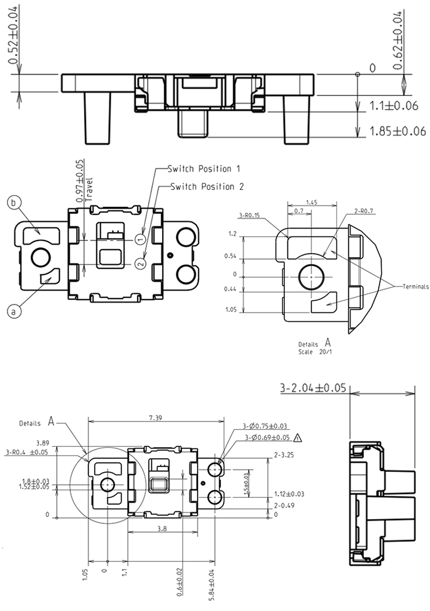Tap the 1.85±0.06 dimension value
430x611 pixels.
click(x=397, y=131)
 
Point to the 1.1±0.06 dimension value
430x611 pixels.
click(x=393, y=106)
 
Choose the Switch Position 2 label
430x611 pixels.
click(x=207, y=187)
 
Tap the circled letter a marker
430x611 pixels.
click(x=15, y=311)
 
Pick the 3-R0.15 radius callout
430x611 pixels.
click(x=250, y=215)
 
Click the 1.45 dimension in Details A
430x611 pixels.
click(x=311, y=202)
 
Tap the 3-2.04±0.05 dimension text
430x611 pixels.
click(x=313, y=388)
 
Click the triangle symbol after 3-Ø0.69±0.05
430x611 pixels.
click(x=297, y=437)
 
